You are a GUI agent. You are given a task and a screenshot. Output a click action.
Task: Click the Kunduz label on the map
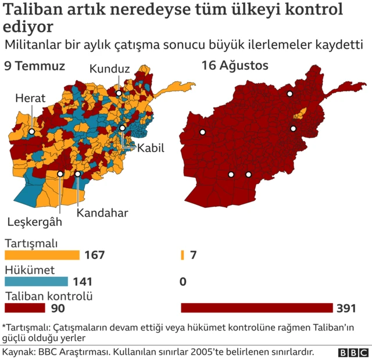click(x=109, y=69)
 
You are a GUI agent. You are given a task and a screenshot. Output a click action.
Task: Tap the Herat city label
click(x=30, y=99)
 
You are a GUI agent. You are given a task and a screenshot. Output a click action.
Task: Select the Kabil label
click(x=151, y=148)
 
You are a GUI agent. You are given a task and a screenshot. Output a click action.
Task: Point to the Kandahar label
click(x=102, y=213)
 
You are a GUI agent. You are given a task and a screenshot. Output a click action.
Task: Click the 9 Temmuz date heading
click(x=34, y=66)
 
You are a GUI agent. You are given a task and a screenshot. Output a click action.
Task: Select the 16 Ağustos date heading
click(x=235, y=66)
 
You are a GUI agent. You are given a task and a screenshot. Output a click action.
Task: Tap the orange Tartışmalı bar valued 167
click(x=42, y=255)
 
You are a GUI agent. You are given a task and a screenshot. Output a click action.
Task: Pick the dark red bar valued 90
click(x=24, y=308)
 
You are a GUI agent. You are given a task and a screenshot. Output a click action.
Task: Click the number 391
click(x=345, y=308)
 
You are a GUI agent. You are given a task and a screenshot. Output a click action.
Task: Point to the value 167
click(x=94, y=255)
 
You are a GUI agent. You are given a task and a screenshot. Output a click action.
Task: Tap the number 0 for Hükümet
click(x=183, y=282)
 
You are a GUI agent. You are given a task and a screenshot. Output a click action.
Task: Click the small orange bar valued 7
click(x=183, y=255)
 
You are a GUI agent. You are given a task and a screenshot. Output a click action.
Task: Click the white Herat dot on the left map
click(x=31, y=132)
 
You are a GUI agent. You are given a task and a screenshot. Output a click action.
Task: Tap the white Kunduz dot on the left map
click(x=118, y=93)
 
